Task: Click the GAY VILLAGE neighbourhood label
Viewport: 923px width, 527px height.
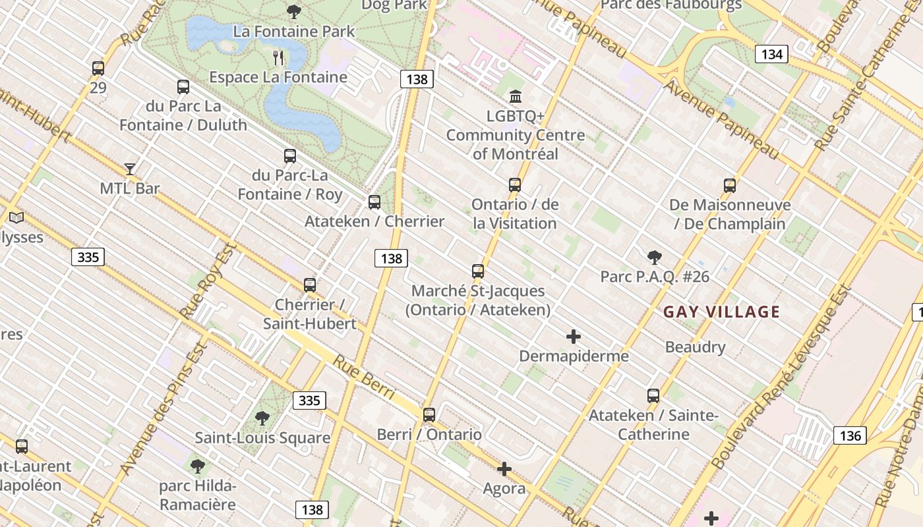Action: click(721, 312)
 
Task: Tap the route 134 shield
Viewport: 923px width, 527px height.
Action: click(771, 54)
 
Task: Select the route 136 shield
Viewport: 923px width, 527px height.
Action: click(850, 435)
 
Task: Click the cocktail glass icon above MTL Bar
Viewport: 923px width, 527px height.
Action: click(130, 169)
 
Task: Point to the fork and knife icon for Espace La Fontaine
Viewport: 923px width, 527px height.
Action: click(278, 58)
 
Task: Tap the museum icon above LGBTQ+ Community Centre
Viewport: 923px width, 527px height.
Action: click(516, 97)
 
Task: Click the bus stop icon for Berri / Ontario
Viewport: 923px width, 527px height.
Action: click(429, 415)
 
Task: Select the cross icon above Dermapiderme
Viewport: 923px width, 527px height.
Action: click(574, 337)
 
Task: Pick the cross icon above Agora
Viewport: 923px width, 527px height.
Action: click(504, 469)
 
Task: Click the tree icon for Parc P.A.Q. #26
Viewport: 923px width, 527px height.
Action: click(654, 257)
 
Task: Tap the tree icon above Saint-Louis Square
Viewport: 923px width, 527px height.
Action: click(262, 418)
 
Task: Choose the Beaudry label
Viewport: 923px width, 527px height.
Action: click(695, 347)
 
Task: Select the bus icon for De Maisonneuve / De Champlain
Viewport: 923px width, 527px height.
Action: click(729, 186)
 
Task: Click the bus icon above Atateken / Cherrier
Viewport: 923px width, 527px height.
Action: click(374, 202)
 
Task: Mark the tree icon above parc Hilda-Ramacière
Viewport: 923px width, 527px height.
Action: click(197, 467)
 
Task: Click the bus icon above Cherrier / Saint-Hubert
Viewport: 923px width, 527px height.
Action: click(310, 285)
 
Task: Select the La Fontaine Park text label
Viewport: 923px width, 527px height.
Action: click(294, 31)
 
